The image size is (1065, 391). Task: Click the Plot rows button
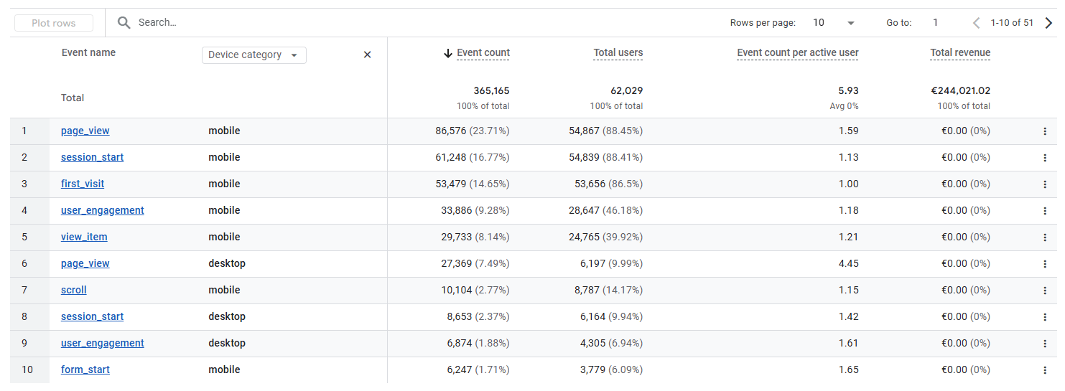coord(54,23)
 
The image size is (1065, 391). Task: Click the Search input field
coord(287,22)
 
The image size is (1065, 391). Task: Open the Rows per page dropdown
coord(833,23)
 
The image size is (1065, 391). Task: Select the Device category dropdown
coord(254,55)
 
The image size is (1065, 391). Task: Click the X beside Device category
coord(367,55)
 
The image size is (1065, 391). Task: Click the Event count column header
coord(483,53)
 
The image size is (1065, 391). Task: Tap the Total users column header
coord(618,53)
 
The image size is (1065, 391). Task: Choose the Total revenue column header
coord(959,53)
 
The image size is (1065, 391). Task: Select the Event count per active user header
coord(797,53)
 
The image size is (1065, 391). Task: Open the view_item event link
coord(84,237)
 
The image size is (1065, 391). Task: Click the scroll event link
coord(74,290)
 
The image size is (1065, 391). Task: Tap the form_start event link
coord(85,369)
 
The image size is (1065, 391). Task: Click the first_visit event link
coord(83,184)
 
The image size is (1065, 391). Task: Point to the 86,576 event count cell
coord(450,131)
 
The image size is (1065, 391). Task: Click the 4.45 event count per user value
coord(848,263)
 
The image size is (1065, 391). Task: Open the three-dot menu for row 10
coord(1045,369)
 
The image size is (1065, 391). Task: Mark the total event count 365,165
coord(491,91)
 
